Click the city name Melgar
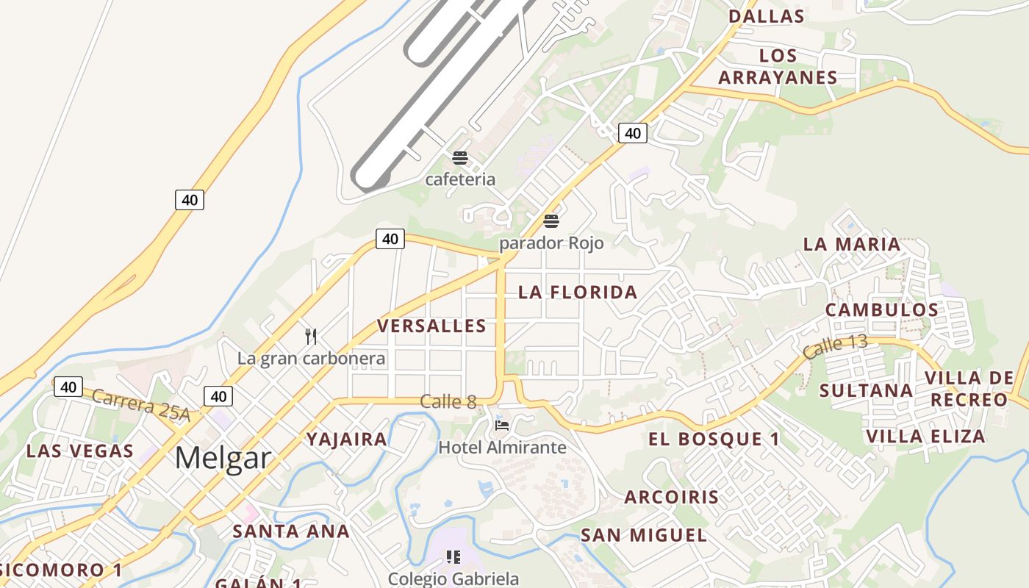tap(223, 458)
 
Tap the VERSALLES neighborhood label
tap(431, 326)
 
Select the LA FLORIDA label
tap(578, 292)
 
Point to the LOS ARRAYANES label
tap(778, 66)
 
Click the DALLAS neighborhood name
tap(766, 15)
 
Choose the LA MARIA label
tap(851, 244)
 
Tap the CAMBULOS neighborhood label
tap(881, 309)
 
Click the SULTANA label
tap(866, 390)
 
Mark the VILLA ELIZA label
tap(925, 437)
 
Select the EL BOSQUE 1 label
tap(714, 439)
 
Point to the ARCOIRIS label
tap(672, 497)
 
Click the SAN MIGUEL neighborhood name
tap(644, 535)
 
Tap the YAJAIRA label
tap(347, 440)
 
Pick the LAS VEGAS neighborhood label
tap(80, 451)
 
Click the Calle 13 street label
tap(835, 346)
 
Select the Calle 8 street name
tap(448, 401)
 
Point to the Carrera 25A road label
tap(141, 406)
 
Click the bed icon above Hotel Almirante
tap(502, 425)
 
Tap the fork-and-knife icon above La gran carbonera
tap(311, 337)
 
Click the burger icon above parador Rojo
tap(551, 220)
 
